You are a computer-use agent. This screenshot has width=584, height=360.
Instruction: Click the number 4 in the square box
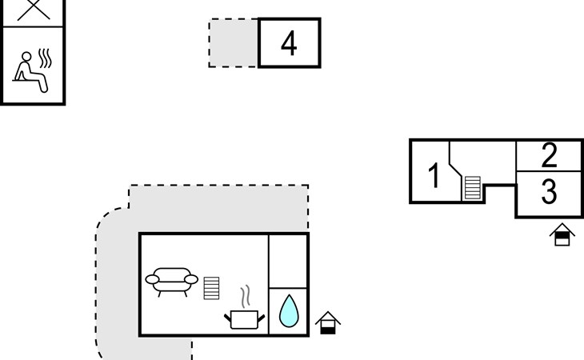(x=289, y=43)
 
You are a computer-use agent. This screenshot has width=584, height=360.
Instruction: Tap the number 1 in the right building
(x=434, y=175)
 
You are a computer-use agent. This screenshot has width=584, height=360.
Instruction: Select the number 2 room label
(x=549, y=154)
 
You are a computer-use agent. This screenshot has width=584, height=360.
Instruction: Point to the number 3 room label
(x=549, y=193)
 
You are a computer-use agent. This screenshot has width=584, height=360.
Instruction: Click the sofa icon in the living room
(x=171, y=281)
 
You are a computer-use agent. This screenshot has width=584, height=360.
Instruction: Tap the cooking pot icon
(x=246, y=319)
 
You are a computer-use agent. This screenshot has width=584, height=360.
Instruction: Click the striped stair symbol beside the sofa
(x=211, y=287)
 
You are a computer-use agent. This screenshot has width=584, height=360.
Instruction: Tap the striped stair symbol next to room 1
(x=473, y=188)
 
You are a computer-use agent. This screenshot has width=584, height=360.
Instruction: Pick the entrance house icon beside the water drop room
(x=328, y=322)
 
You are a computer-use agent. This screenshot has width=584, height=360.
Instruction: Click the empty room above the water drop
(x=288, y=261)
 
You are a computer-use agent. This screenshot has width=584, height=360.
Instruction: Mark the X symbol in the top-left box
(x=32, y=10)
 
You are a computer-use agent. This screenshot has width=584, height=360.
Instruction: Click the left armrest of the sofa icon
(x=152, y=279)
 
